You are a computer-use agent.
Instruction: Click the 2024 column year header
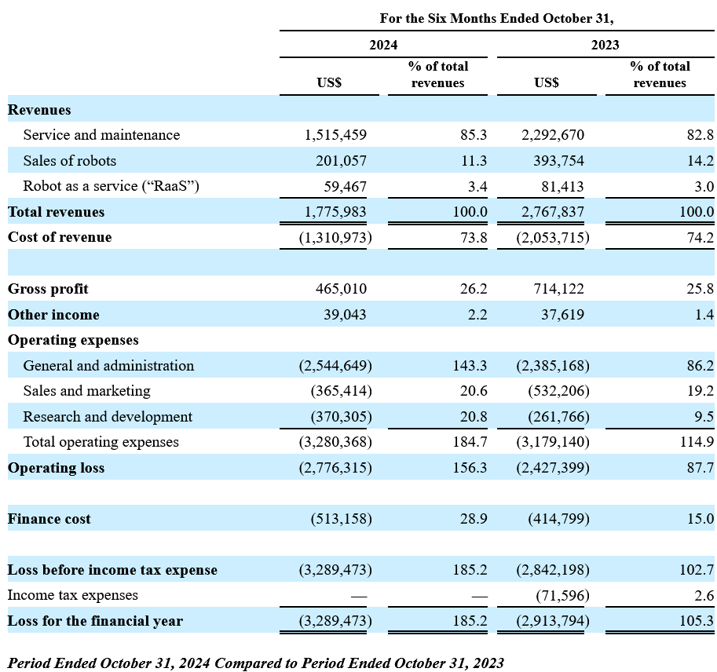(383, 45)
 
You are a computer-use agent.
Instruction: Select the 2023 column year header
(605, 45)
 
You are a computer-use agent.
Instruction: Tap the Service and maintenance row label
(101, 135)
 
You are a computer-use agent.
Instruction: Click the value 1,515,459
(335, 135)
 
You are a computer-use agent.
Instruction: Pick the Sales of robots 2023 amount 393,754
(558, 161)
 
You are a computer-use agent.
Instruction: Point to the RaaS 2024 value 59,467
(346, 187)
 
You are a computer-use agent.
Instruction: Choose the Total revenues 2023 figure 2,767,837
(553, 212)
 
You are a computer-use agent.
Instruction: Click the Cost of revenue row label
(60, 237)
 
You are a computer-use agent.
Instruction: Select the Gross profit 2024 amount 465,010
(341, 289)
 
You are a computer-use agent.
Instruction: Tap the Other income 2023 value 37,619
(562, 315)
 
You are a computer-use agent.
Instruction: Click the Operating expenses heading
(73, 340)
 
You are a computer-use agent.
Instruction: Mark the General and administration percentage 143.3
(470, 366)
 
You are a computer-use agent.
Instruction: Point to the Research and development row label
(108, 417)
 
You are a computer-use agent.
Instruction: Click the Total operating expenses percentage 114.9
(697, 442)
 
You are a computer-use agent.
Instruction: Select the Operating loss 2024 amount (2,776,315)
(335, 468)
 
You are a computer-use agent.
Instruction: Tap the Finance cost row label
(49, 519)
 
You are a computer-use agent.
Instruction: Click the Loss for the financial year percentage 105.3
(697, 621)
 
